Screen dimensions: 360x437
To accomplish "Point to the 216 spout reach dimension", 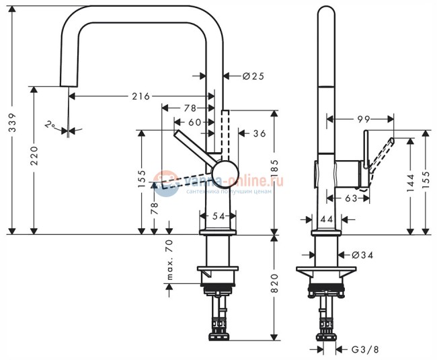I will click(x=140, y=97).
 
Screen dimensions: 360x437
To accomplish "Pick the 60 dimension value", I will click(x=194, y=122).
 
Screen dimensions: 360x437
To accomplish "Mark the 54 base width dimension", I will click(x=218, y=216).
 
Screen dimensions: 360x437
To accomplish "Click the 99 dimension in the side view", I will click(x=364, y=118).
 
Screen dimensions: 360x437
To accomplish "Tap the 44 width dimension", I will click(x=327, y=219).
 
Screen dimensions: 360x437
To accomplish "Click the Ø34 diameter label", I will click(x=362, y=255).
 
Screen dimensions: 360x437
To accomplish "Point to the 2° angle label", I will click(x=50, y=124).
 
